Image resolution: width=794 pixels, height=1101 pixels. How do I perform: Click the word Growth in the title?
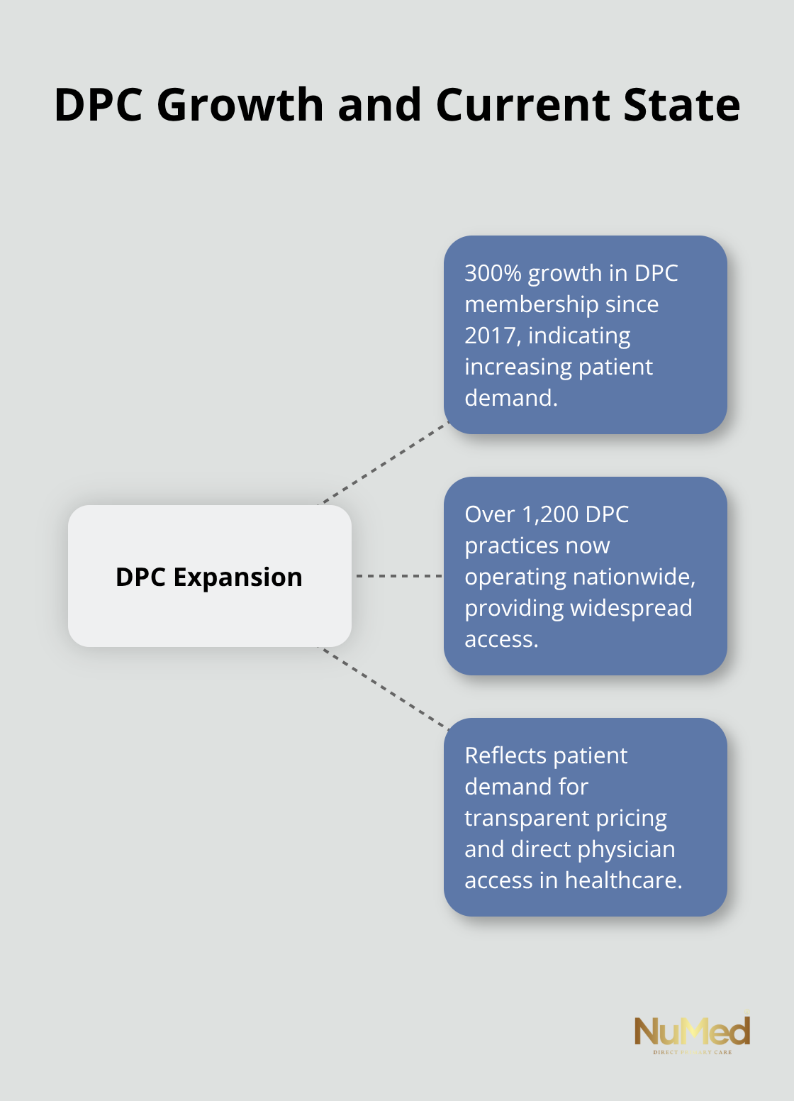tap(240, 105)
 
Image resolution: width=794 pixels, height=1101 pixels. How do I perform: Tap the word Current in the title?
tap(523, 105)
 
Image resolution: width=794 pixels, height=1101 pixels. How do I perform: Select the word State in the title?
tap(681, 105)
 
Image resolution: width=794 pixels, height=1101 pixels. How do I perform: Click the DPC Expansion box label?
tap(209, 577)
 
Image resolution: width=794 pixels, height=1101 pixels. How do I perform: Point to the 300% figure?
tap(493, 273)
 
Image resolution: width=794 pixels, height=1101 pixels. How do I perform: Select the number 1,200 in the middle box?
tap(550, 514)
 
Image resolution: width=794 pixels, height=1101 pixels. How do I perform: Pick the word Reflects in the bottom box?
tap(505, 756)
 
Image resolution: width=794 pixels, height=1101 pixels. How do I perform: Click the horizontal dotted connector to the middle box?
tap(398, 576)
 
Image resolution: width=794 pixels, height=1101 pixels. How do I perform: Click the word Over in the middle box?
tap(489, 514)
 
